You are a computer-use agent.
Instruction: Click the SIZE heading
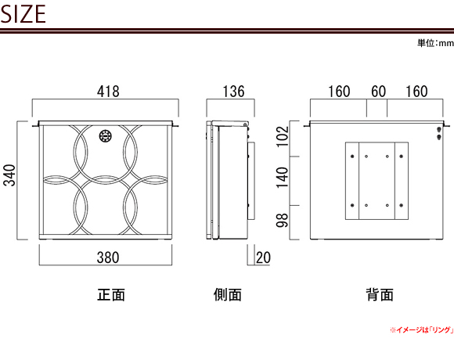[x=23, y=13]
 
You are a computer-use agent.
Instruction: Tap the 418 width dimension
[x=108, y=92]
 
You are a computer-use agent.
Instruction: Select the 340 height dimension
[x=9, y=175]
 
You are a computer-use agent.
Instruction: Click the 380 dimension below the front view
[x=108, y=257]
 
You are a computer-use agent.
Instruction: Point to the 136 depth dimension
[x=233, y=92]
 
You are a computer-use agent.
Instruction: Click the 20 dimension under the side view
[x=263, y=257]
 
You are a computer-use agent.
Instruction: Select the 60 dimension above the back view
[x=378, y=92]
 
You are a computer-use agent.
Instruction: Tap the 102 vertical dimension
[x=283, y=137]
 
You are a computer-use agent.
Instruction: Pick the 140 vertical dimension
[x=283, y=178]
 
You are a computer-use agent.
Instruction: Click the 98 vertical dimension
[x=283, y=220]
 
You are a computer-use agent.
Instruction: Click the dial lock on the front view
[x=106, y=136]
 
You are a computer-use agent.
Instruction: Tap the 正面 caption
[x=111, y=295]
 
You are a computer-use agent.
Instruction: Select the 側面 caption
[x=228, y=295]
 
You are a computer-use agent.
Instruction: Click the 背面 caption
[x=380, y=295]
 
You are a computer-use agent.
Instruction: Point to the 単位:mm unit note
[x=435, y=43]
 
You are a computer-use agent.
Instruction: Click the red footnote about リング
[x=422, y=330]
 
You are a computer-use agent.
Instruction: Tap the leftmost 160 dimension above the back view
[x=339, y=92]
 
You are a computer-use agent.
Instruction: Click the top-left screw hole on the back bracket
[x=352, y=157]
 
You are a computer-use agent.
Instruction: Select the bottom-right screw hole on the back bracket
[x=401, y=206]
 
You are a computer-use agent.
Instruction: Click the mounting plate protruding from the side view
[x=251, y=181]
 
